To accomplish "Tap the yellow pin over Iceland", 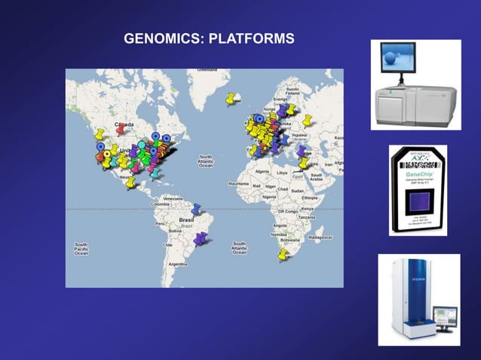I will pyautogui.click(x=232, y=98).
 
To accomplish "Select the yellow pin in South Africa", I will pyautogui.click(x=283, y=255).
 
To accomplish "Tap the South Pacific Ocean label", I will pyautogui.click(x=81, y=249).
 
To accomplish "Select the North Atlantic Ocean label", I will pyautogui.click(x=205, y=160).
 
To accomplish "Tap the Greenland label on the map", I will pyautogui.click(x=207, y=70).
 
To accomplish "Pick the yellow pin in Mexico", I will pyautogui.click(x=131, y=182).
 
